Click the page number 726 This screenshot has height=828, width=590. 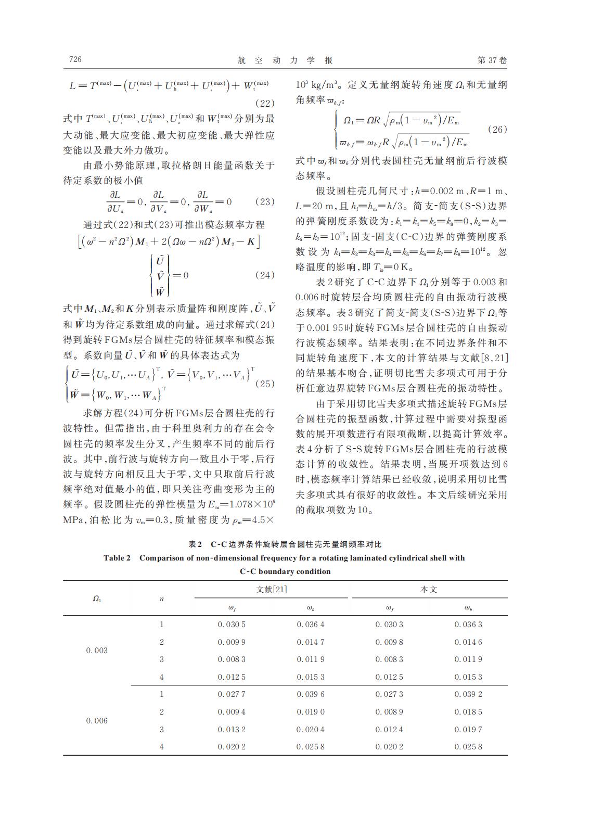[75, 59]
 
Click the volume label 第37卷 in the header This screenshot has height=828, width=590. [492, 60]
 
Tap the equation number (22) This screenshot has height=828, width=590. [263, 103]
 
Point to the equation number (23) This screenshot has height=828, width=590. [263, 202]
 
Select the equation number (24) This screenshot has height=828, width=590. [264, 275]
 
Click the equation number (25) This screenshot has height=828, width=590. [264, 384]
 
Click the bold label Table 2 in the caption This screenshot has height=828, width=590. [117, 558]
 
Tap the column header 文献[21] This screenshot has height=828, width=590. [272, 589]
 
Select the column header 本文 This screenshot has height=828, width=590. [429, 589]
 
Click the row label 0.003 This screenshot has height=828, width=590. [97, 651]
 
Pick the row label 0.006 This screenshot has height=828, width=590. [97, 721]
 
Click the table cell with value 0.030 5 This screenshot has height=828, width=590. [232, 625]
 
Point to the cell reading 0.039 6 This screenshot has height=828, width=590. [311, 694]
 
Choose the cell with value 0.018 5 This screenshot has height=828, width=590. [468, 712]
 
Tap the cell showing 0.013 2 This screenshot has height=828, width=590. [232, 730]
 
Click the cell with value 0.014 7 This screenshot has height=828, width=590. [311, 642]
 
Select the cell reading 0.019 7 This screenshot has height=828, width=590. [468, 730]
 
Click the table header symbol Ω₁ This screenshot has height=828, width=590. [97, 598]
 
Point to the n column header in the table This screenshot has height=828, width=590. [162, 599]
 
